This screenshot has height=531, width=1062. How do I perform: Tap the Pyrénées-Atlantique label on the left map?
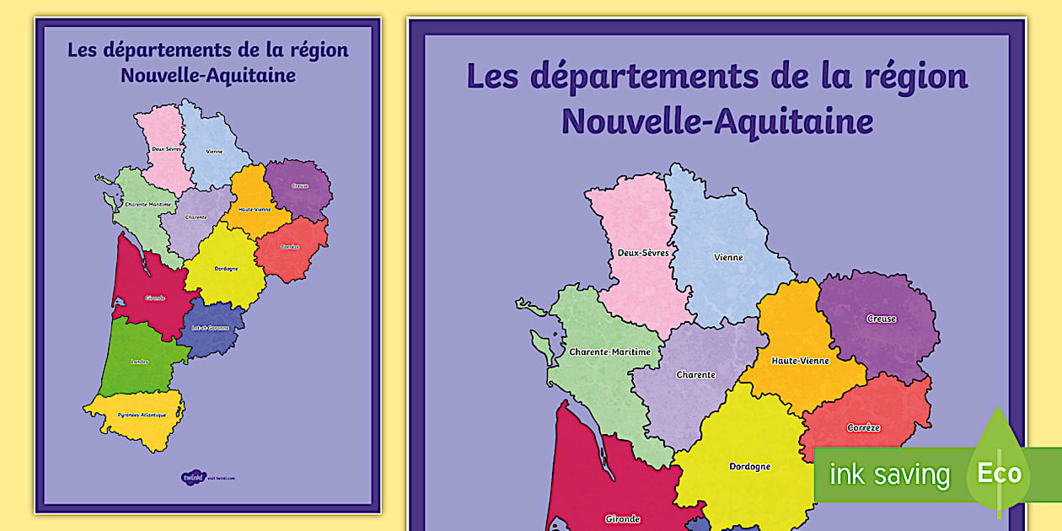141,416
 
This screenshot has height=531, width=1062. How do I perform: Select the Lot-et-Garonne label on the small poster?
210,328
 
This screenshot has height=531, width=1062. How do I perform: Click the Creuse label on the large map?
882,319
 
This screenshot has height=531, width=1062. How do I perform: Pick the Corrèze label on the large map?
863,428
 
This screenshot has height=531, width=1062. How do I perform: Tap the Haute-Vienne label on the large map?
800,361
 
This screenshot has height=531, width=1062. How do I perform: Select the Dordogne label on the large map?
749,466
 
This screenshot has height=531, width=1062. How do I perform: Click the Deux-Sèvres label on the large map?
641,252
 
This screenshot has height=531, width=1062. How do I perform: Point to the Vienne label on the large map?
728,257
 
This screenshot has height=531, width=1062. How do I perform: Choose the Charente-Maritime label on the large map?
609,352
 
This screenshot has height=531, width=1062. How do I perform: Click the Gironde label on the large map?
622,519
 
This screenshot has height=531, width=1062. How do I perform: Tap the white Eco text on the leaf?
999,473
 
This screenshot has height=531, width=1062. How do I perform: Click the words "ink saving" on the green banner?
889,475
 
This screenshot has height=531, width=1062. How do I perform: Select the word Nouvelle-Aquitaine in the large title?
716,122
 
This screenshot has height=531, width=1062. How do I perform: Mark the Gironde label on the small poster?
155,298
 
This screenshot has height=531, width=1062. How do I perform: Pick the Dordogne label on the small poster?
226,269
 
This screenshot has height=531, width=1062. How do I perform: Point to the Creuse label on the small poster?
299,185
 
